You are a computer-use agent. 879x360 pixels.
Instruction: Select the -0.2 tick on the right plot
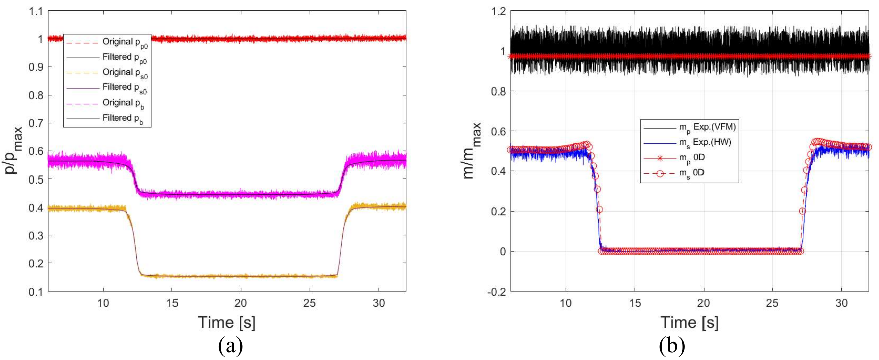pos(497,292)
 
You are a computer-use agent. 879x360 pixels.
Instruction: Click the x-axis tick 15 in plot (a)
pos(172,303)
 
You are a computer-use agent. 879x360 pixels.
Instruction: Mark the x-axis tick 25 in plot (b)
pos(772,303)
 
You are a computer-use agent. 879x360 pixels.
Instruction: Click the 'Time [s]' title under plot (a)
pos(227,322)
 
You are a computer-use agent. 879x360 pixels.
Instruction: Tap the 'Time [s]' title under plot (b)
pos(689,322)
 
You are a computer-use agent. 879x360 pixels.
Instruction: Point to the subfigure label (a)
pos(231,346)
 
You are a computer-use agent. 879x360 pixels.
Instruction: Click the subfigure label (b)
pos(672,346)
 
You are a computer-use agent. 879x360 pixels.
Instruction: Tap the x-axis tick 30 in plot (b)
pos(841,303)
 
